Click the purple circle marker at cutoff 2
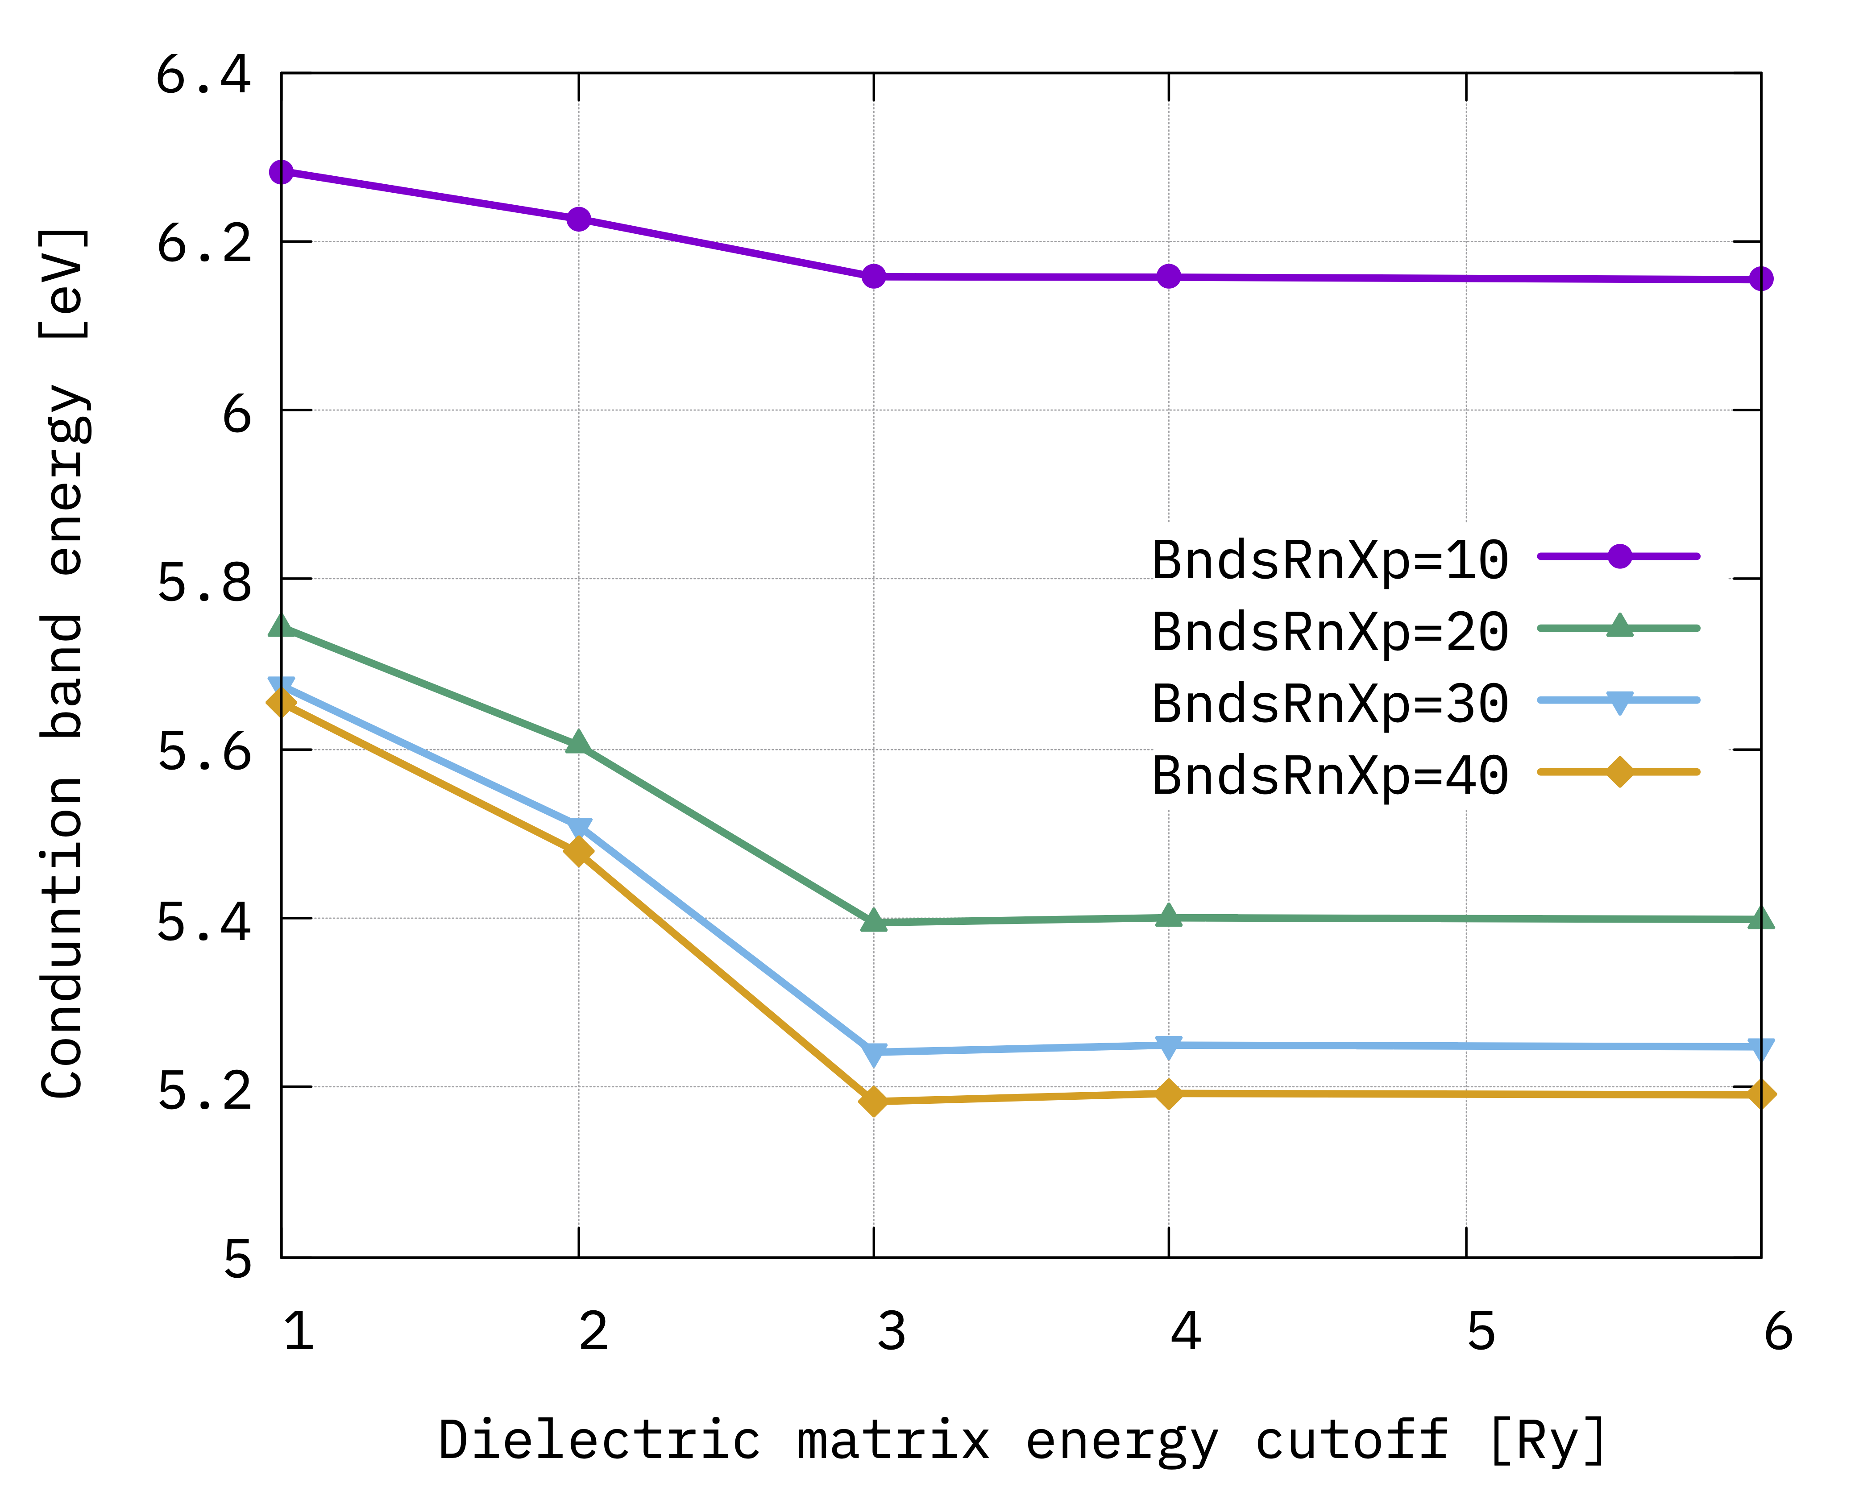click(x=579, y=219)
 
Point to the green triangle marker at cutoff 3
click(x=873, y=921)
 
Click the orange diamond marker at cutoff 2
click(x=579, y=852)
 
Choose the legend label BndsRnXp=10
click(x=1330, y=560)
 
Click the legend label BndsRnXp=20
click(x=1330, y=632)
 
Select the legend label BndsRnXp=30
click(x=1330, y=704)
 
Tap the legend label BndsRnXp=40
click(x=1330, y=775)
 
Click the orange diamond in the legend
click(x=1619, y=771)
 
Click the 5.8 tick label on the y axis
click(x=203, y=583)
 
